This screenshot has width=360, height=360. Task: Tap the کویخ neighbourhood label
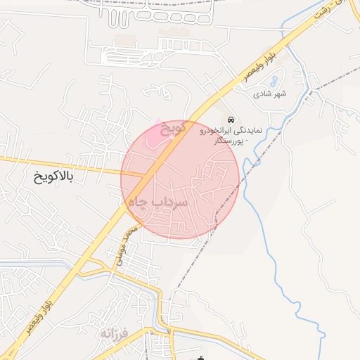(x=173, y=129)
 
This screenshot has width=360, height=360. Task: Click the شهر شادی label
(x=271, y=94)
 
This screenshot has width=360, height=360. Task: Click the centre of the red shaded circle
(x=180, y=179)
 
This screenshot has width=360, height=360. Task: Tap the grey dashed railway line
(x=232, y=190)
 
